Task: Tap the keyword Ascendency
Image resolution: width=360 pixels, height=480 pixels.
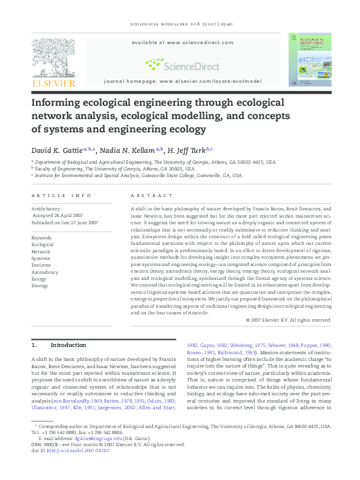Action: (x=45, y=272)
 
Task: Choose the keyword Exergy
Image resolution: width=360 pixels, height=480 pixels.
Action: (x=39, y=279)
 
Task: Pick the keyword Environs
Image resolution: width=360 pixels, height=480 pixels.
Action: (x=42, y=265)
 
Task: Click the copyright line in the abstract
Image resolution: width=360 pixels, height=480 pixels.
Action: (x=289, y=319)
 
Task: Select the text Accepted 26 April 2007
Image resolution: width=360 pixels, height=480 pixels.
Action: (x=58, y=215)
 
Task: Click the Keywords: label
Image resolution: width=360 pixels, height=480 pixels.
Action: (x=42, y=238)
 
